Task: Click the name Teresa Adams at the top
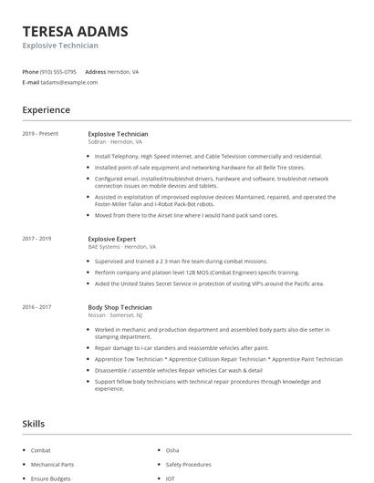[x=75, y=31]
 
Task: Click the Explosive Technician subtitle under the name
[x=60, y=46]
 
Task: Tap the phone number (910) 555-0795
[x=58, y=71]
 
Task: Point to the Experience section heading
[x=46, y=110]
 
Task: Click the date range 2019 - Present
[x=40, y=134]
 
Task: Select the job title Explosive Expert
[x=113, y=239]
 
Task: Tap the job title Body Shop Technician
[x=119, y=308]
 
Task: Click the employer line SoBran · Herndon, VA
[x=115, y=142]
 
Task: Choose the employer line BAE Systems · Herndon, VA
[x=121, y=247]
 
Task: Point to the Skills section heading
[x=34, y=424]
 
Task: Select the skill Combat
[x=41, y=450]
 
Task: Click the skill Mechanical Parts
[x=53, y=465]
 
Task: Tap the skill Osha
[x=172, y=450]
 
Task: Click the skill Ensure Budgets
[x=51, y=478]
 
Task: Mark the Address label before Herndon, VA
[x=96, y=71]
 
